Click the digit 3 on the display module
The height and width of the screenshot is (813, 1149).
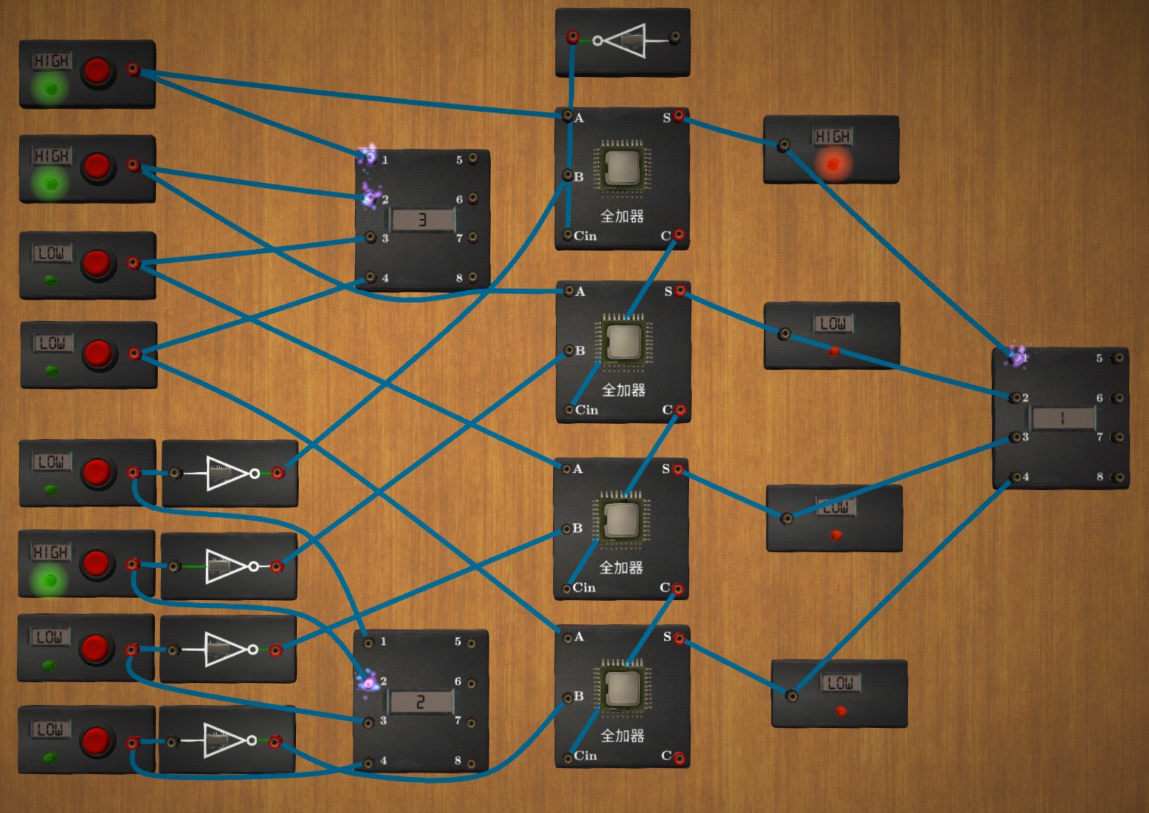422,220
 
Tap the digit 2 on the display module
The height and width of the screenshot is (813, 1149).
420,702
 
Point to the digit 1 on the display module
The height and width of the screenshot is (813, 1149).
1062,419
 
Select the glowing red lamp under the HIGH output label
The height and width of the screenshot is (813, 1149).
832,164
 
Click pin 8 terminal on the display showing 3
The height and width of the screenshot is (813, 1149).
473,278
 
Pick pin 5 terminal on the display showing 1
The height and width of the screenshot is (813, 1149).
1117,358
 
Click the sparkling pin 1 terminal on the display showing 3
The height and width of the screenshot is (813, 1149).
369,156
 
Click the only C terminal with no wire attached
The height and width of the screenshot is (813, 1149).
678,757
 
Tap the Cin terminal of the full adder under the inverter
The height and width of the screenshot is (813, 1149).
568,235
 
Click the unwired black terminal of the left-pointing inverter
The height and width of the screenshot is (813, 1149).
674,37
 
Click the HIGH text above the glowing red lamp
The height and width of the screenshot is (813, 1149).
832,137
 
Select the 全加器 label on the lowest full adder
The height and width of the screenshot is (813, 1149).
622,735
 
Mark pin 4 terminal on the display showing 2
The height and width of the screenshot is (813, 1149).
369,762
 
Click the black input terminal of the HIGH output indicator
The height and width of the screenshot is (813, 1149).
784,145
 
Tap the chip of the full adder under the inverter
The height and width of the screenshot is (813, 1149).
623,167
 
